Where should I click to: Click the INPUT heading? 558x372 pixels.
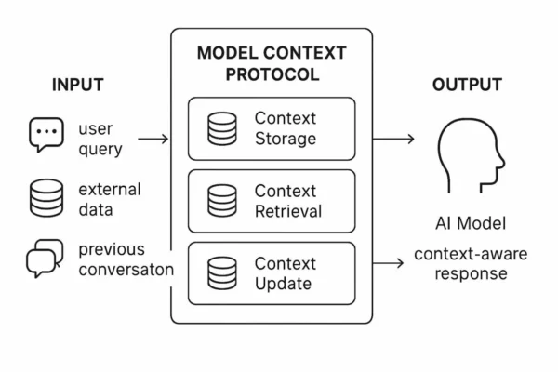pyautogui.click(x=77, y=86)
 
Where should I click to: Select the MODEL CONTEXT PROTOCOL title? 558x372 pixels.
pyautogui.click(x=272, y=63)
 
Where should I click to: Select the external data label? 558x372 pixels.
pyautogui.click(x=110, y=199)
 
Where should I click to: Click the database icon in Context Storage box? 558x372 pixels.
pyautogui.click(x=222, y=128)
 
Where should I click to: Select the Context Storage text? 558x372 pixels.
pyautogui.click(x=286, y=128)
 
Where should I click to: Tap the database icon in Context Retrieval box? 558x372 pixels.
pyautogui.click(x=222, y=200)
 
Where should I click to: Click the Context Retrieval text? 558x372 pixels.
pyautogui.click(x=288, y=200)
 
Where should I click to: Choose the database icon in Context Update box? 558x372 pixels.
pyautogui.click(x=222, y=272)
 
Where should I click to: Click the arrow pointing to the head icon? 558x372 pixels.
pyautogui.click(x=393, y=139)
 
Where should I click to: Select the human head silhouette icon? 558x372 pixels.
pyautogui.click(x=471, y=154)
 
